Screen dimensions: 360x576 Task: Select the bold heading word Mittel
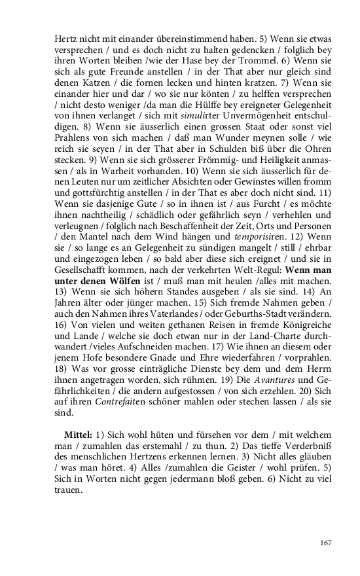pos(77,435)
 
